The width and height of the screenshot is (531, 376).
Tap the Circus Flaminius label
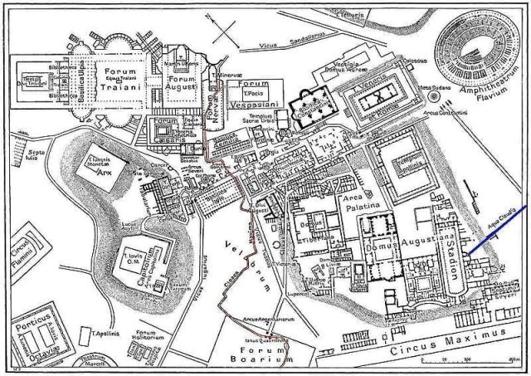pyautogui.click(x=16, y=252)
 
